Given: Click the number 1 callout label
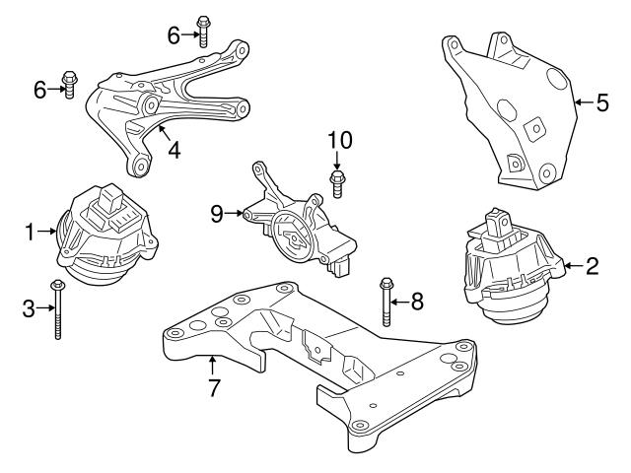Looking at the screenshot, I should [x=30, y=233].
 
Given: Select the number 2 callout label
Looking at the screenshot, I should [x=592, y=265].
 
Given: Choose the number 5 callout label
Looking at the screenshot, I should [x=602, y=101].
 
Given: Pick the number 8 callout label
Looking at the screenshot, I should [x=417, y=303].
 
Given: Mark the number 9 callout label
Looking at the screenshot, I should [x=219, y=211].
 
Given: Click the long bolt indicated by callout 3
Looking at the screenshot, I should [x=58, y=310].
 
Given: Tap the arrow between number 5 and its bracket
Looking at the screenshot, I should [x=582, y=101].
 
